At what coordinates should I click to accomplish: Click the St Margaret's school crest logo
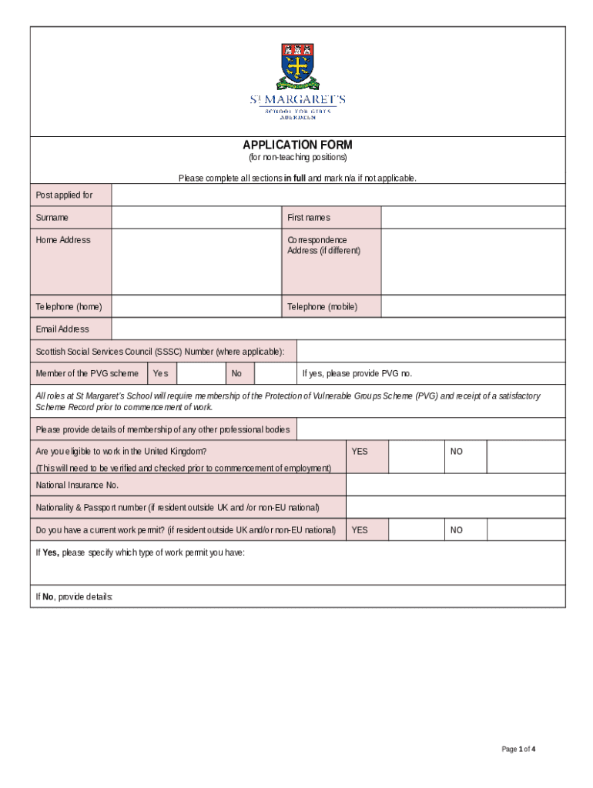point(297,66)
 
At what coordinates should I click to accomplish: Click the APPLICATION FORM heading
point(297,145)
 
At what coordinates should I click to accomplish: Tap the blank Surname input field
point(196,218)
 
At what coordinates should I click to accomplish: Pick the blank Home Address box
point(196,262)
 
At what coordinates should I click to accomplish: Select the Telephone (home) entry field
point(196,307)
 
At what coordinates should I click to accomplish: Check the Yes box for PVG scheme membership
point(201,374)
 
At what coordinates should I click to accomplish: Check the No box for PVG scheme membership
point(275,374)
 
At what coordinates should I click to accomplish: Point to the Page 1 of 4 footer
point(518,749)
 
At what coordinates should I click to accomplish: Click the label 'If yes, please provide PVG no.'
point(357,374)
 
